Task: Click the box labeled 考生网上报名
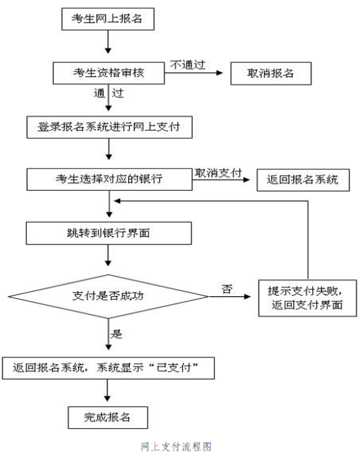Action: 108,19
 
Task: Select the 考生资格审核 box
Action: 109,73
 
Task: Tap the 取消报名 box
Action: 270,74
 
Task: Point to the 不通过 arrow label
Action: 188,65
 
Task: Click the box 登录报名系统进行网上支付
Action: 109,127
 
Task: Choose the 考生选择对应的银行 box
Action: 109,179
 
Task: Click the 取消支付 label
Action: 218,173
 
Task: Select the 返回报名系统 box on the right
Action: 303,180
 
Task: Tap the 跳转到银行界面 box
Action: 109,233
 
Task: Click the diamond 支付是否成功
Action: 108,296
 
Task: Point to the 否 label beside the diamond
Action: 227,289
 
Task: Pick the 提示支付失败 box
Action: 308,298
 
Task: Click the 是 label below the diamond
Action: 116,334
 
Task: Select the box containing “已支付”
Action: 108,368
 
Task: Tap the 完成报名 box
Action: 108,418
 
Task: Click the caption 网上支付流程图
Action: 176,447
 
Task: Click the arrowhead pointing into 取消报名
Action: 219,73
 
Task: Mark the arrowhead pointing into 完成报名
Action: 107,398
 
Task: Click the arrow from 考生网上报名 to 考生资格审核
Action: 108,42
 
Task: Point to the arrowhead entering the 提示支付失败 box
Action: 247,296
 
